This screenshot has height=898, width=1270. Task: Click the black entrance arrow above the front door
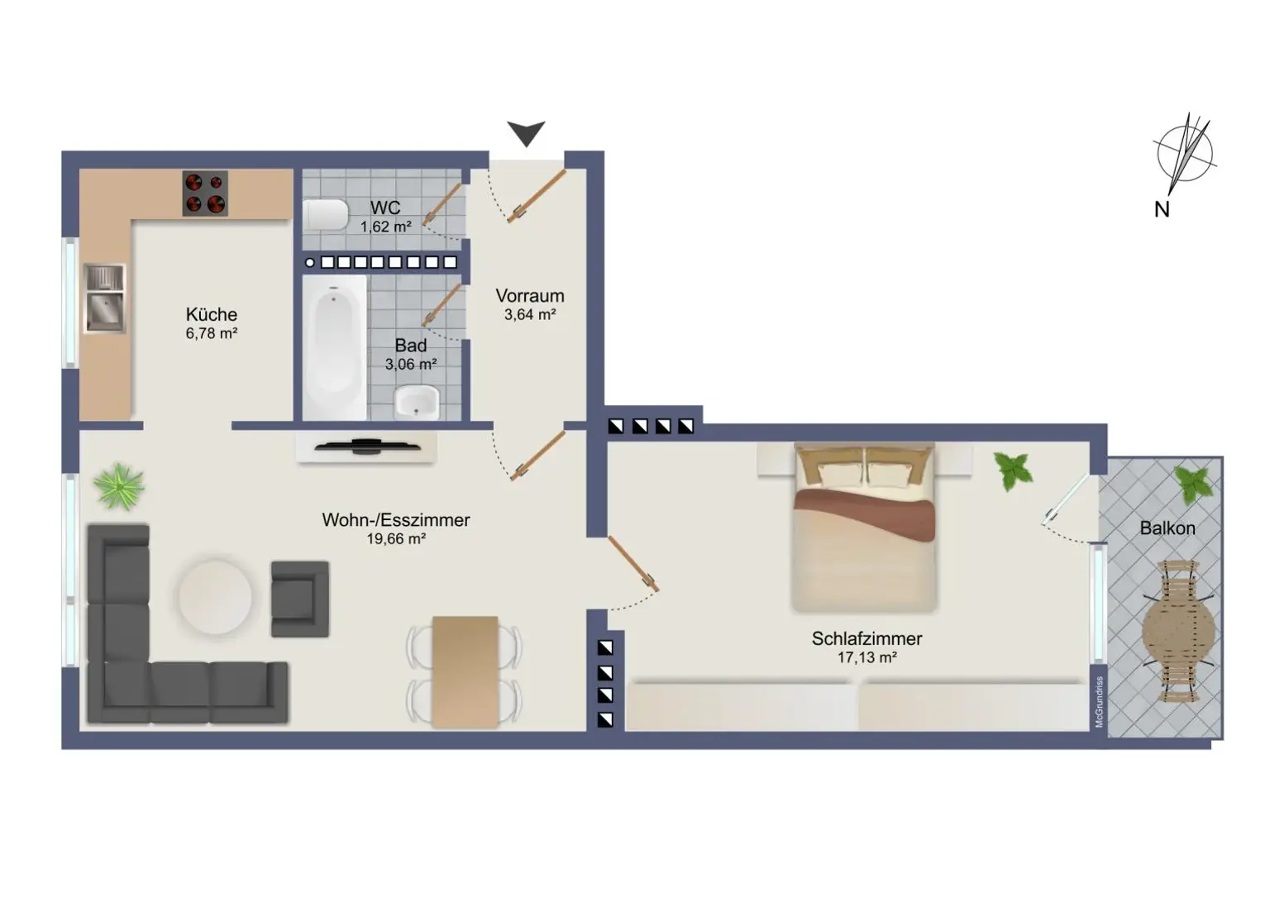click(526, 133)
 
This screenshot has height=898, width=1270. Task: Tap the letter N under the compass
click(1162, 210)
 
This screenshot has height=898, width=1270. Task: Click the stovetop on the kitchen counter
click(205, 193)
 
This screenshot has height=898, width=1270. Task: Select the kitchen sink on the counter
click(105, 299)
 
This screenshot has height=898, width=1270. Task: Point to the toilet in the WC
click(326, 214)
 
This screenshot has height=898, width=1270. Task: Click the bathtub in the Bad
click(334, 347)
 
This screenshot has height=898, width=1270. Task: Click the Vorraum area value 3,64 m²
click(530, 315)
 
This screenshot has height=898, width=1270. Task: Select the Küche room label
click(212, 314)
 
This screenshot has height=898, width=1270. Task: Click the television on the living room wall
click(367, 447)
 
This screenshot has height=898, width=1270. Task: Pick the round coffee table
click(216, 596)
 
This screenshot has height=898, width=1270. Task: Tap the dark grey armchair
click(300, 599)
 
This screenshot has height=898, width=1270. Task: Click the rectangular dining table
click(465, 671)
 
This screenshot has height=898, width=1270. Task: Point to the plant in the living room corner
click(118, 486)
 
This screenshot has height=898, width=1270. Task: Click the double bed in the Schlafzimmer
click(864, 528)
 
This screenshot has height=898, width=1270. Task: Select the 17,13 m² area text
click(867, 657)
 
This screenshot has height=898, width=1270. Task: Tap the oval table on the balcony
click(1179, 632)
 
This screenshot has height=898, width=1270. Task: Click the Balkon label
click(1167, 528)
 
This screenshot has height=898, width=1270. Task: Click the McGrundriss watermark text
click(1100, 702)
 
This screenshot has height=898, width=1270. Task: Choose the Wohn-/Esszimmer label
click(396, 520)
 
